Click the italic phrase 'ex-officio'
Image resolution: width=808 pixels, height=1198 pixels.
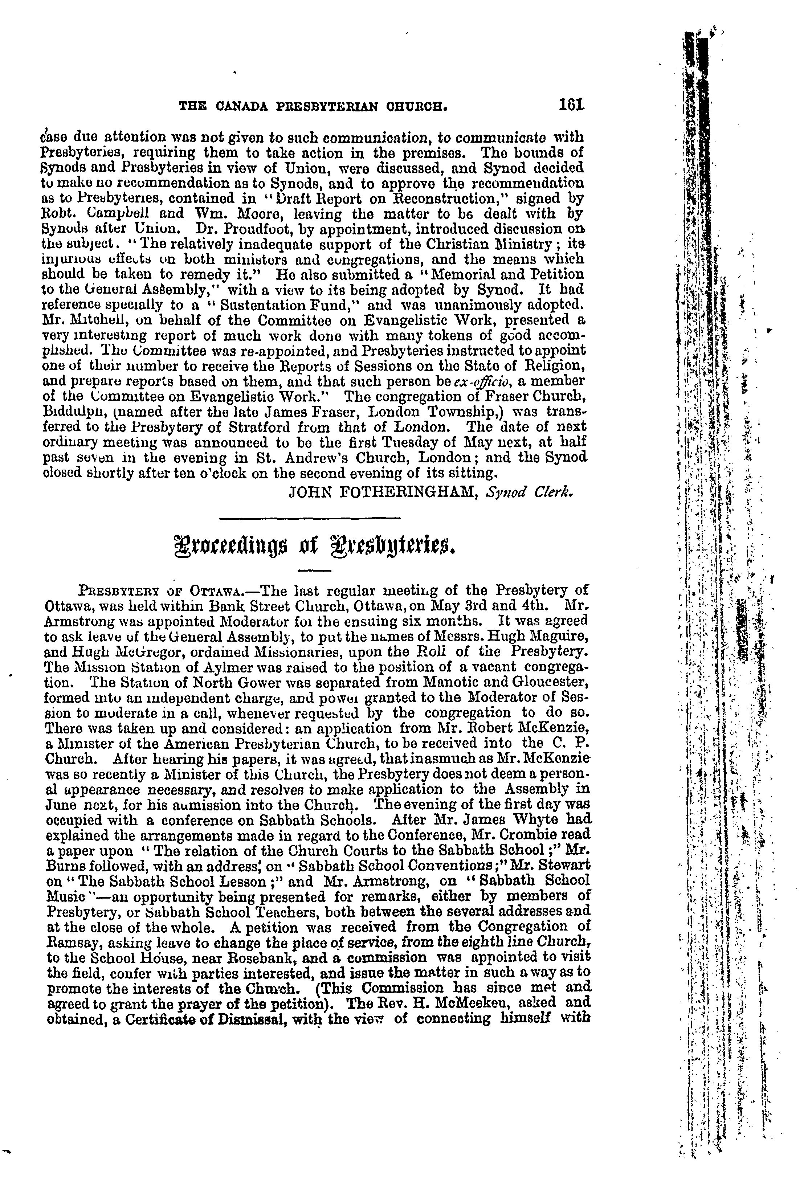(479, 381)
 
